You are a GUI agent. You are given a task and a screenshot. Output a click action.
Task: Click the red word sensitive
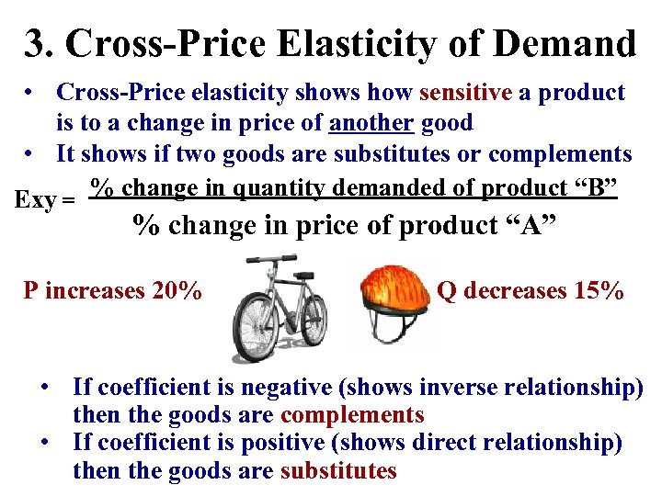[x=465, y=93]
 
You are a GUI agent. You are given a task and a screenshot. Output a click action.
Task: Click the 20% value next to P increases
[x=177, y=291]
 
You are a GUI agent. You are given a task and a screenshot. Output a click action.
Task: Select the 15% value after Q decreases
[x=599, y=291]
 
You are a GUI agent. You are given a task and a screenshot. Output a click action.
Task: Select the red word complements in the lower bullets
[x=352, y=415]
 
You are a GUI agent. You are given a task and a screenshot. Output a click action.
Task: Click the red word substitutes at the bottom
[x=338, y=472]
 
